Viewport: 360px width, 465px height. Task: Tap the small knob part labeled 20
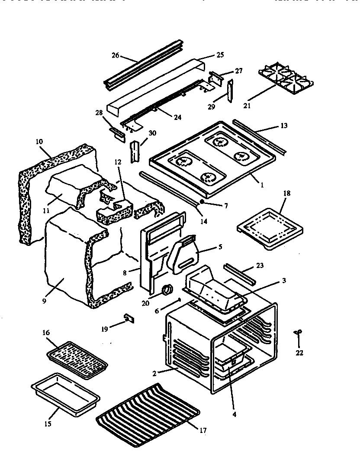click(x=166, y=290)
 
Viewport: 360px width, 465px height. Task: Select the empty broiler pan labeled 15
click(x=65, y=392)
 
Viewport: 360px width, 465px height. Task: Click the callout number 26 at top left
click(x=115, y=55)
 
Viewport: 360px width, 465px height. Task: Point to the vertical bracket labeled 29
click(x=230, y=92)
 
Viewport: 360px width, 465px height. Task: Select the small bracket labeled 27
click(x=216, y=78)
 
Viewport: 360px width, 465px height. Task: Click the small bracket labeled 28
click(x=116, y=134)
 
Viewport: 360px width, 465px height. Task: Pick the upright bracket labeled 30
click(x=135, y=152)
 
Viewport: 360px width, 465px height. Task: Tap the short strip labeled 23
click(x=239, y=277)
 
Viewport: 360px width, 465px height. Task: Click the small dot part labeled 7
click(x=202, y=202)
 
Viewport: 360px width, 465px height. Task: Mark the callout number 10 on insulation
click(x=39, y=142)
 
